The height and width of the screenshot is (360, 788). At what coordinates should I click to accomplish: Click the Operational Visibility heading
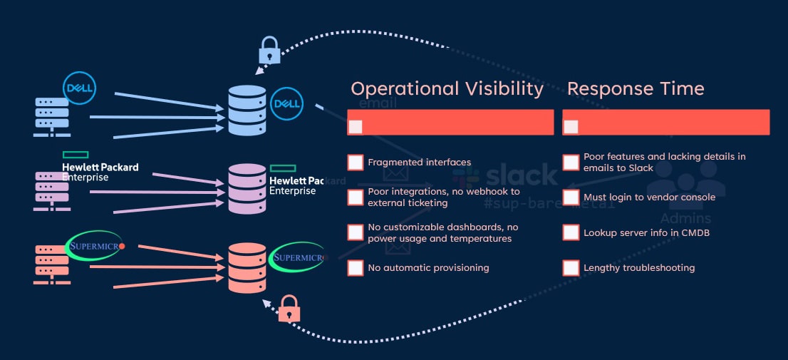(x=447, y=88)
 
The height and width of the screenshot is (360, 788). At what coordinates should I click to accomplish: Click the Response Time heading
(x=636, y=88)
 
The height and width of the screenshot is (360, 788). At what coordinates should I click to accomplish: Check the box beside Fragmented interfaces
(x=356, y=162)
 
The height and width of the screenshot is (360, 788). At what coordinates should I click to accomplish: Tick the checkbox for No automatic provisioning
(x=356, y=268)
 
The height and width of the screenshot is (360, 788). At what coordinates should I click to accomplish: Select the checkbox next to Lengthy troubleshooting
(x=571, y=268)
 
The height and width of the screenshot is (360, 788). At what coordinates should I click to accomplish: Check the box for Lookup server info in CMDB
(x=571, y=232)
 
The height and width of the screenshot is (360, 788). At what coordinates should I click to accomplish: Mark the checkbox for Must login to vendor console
(x=571, y=197)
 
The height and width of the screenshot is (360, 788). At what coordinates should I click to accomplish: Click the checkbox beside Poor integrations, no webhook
(x=356, y=197)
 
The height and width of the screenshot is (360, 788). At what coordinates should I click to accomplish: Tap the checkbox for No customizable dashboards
(x=356, y=232)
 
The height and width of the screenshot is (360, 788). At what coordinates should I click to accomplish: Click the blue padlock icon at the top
(x=269, y=51)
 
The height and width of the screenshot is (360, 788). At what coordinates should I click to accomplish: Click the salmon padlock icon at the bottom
(x=288, y=309)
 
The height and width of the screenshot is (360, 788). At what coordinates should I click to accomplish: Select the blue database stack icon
(x=247, y=110)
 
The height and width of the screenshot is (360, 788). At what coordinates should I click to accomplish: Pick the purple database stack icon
(x=247, y=189)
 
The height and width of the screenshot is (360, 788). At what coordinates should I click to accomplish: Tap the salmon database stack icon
(x=247, y=267)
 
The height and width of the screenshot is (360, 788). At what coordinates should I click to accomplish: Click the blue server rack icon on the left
(x=52, y=115)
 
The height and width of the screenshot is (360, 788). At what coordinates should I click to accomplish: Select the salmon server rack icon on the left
(x=52, y=265)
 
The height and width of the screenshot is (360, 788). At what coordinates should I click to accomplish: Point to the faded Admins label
(x=685, y=218)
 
